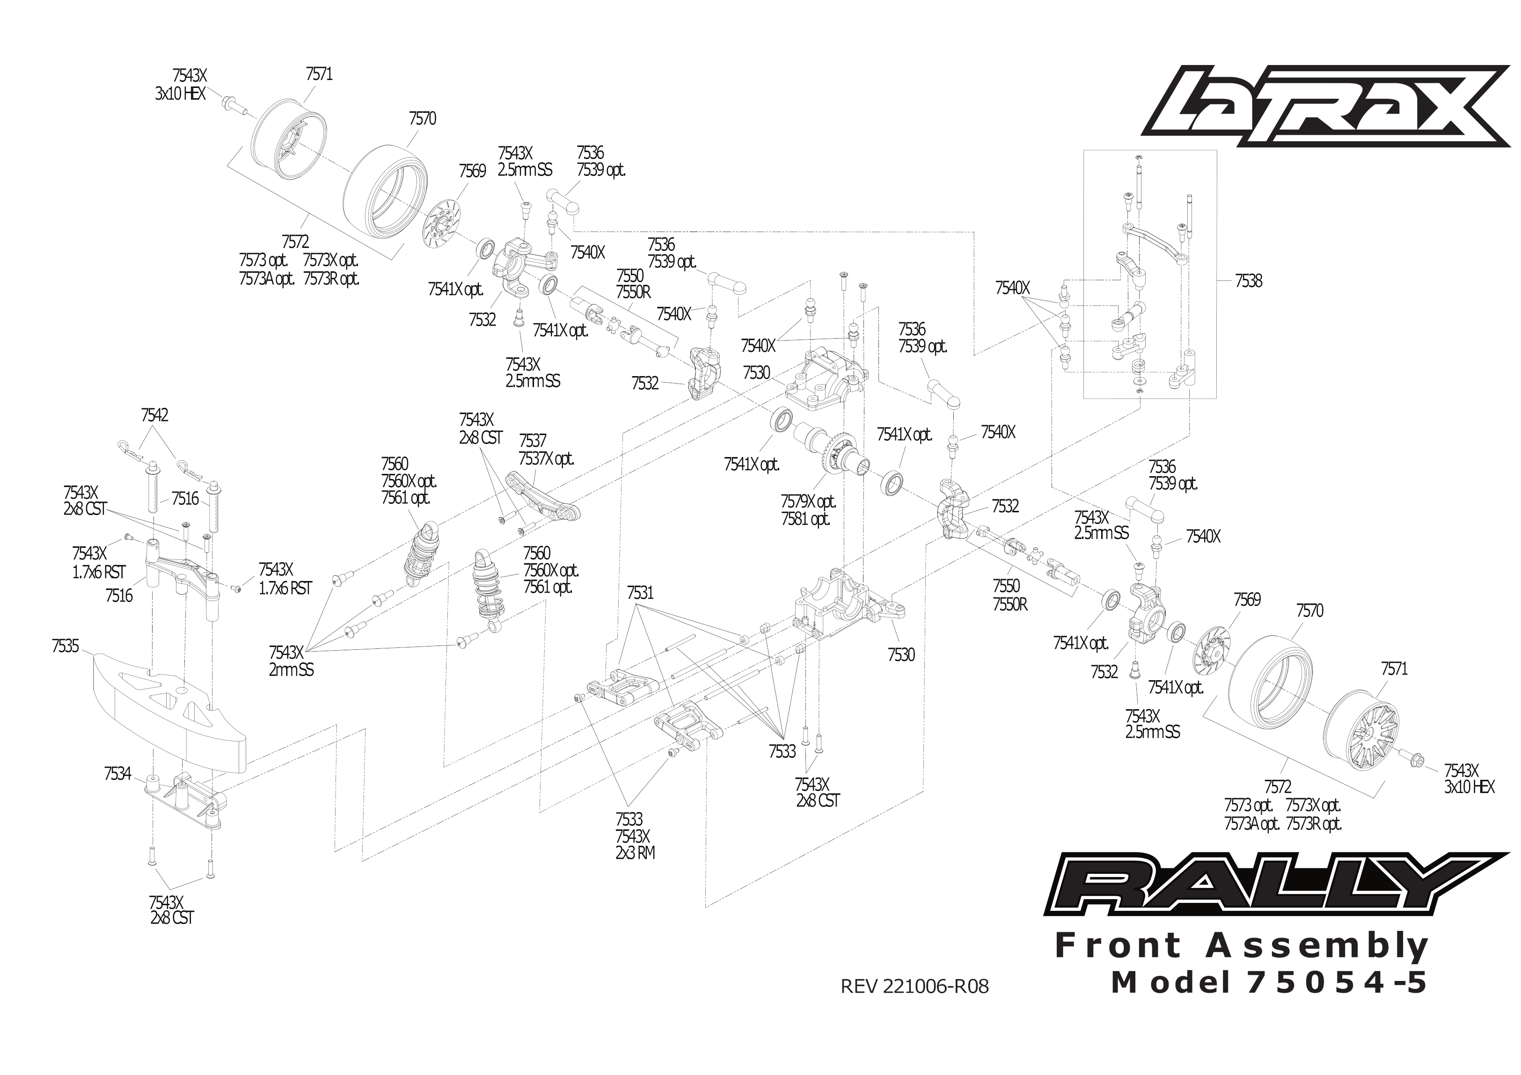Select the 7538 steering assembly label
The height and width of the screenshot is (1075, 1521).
(x=1248, y=281)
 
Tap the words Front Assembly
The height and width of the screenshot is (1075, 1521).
(x=1242, y=946)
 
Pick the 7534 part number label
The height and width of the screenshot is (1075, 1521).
(x=117, y=774)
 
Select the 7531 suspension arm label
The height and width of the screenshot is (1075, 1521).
(x=640, y=593)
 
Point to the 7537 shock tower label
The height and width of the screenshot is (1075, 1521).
(x=533, y=441)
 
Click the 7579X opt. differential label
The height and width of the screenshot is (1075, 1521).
(x=808, y=501)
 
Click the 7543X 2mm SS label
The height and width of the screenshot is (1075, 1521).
(x=291, y=661)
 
